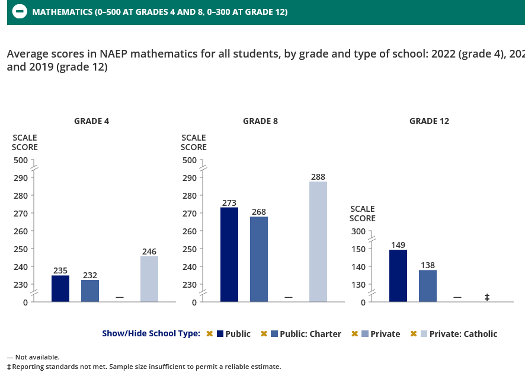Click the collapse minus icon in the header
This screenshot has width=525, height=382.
20,12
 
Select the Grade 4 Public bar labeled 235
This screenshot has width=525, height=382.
60,289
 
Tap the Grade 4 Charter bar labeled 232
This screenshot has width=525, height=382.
90,291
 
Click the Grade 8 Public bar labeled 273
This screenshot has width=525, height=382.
229,254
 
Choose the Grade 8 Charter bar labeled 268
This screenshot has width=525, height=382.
259,259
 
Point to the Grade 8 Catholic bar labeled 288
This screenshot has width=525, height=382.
318,241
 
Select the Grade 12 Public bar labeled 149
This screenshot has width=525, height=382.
398,276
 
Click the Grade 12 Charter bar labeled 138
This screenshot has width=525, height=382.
428,286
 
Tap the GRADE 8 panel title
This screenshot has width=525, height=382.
260,121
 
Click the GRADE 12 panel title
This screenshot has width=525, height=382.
429,121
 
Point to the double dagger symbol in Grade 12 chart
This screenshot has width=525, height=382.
487,297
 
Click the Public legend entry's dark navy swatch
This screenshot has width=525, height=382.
220,334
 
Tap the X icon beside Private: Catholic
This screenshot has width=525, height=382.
414,334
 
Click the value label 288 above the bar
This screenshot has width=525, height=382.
318,177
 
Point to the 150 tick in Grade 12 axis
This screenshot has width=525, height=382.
357,249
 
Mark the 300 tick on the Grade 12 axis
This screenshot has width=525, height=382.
357,231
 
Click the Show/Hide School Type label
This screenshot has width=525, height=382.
151,333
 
